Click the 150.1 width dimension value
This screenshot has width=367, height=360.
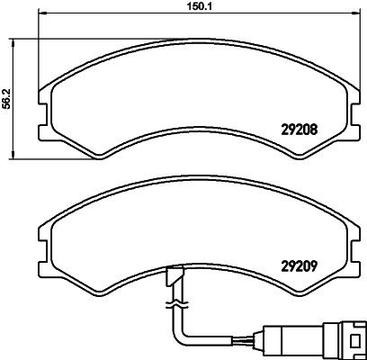point(185,7)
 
